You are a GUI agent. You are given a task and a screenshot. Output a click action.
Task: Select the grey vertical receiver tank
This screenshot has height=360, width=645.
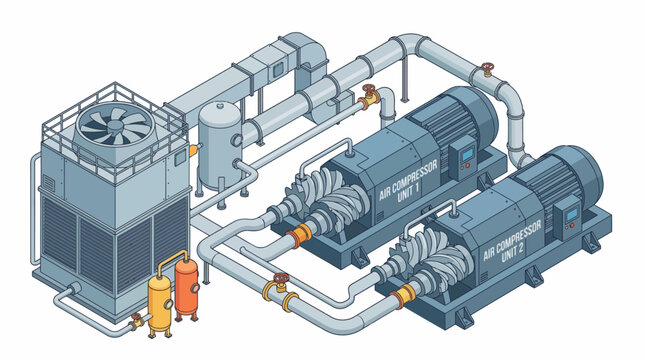click(219, 144)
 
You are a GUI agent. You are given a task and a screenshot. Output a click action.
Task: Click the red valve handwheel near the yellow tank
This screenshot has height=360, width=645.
click(137, 318)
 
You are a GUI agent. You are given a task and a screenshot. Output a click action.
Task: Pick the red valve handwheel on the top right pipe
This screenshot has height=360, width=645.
click(487, 69)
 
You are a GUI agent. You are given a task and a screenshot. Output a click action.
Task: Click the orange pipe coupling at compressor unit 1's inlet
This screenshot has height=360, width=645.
click(297, 237)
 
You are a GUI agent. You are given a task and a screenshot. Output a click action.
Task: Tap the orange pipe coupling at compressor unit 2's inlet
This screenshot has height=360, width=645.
click(404, 295)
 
